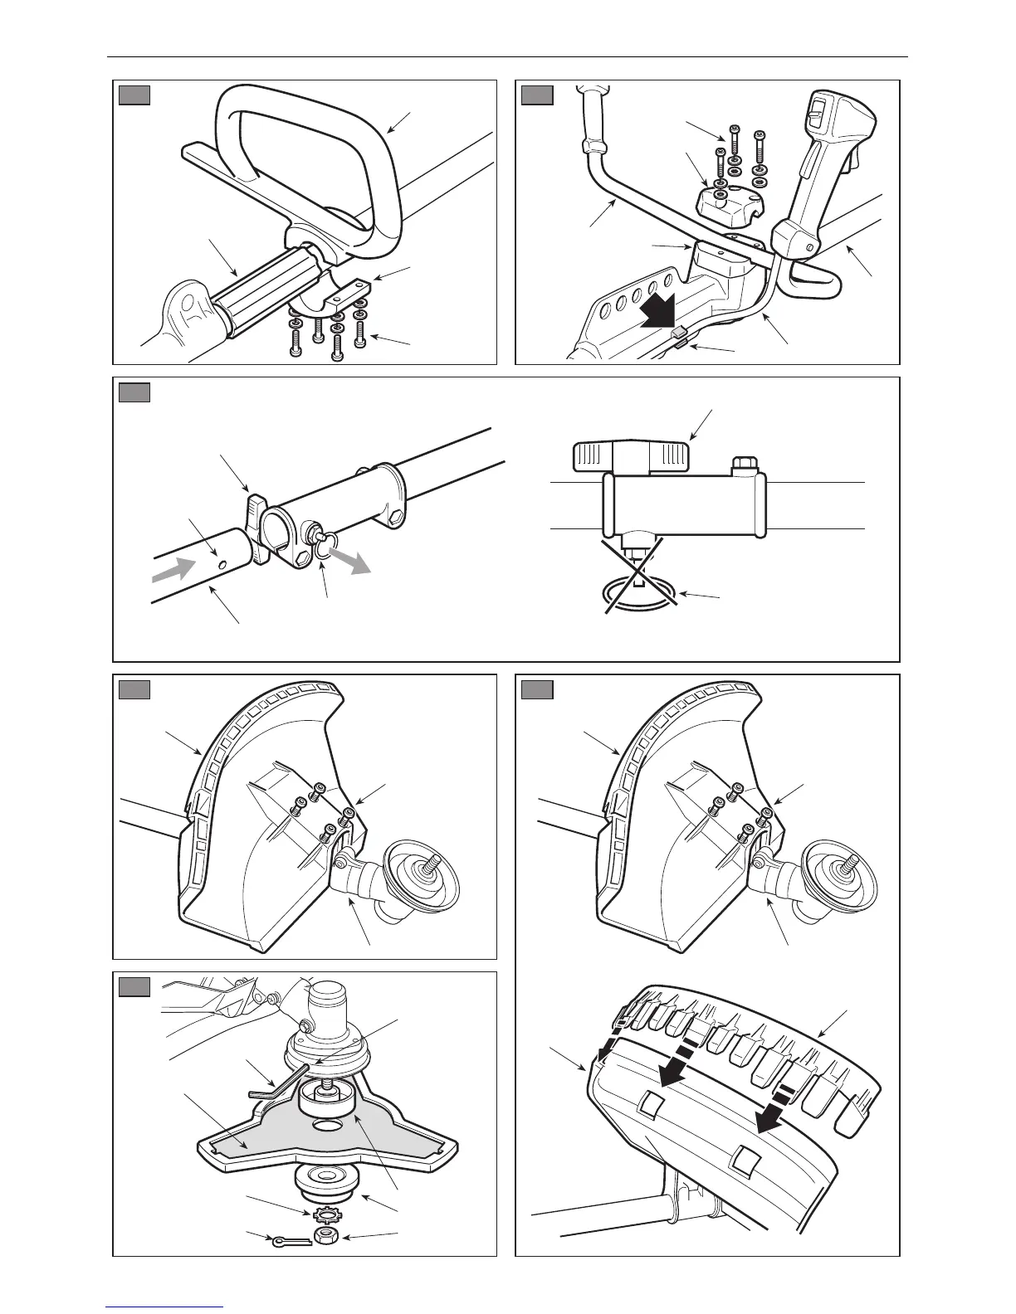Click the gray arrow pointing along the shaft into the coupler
point(174,571)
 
